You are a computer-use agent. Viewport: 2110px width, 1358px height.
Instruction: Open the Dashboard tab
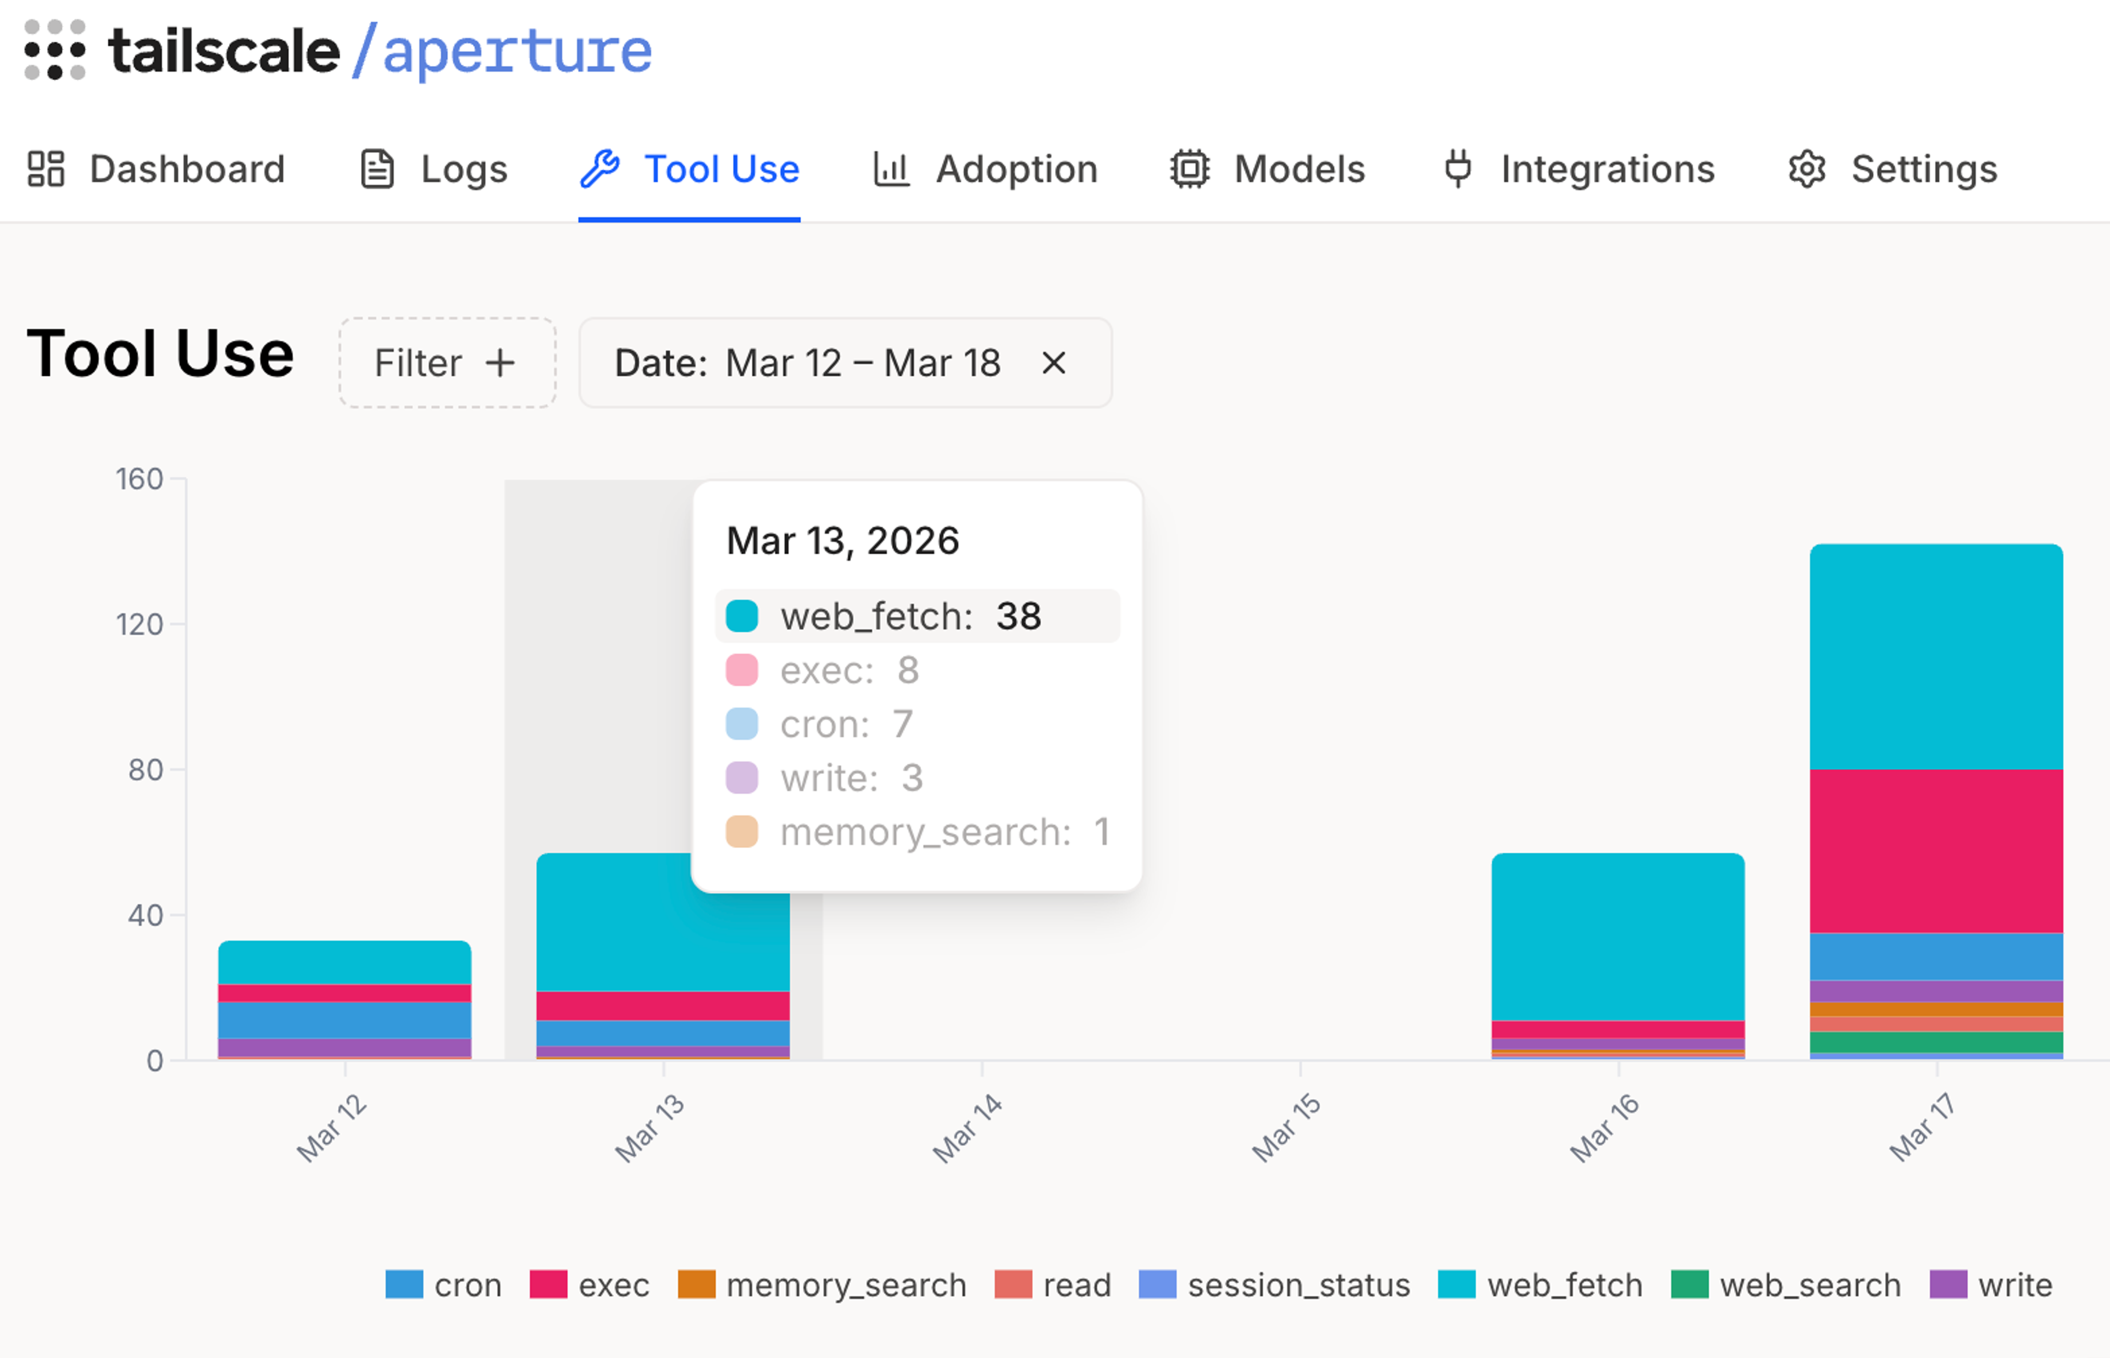157,169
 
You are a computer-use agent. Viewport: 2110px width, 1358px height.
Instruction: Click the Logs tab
435,169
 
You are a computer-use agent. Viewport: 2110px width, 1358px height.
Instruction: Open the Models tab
1268,169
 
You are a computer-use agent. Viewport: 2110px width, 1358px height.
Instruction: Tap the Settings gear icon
1807,169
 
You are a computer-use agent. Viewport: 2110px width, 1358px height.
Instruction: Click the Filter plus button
447,363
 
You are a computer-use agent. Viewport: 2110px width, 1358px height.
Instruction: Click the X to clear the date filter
1054,363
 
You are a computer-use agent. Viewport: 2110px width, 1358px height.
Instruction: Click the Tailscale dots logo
54,50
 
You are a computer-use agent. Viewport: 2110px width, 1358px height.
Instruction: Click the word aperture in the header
518,50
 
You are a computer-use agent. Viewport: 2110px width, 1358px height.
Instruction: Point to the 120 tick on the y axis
140,624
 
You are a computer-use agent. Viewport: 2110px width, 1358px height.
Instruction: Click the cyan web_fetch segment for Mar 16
1618,937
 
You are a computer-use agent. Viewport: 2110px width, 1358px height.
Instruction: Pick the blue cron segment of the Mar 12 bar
345,1020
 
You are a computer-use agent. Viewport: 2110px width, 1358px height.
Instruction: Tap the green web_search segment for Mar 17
1936,1042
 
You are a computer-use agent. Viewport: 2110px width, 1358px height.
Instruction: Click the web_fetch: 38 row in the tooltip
917,615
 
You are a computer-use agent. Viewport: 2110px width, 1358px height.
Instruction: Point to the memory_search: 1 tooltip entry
917,832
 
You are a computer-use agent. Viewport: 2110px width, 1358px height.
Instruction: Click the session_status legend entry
1274,1285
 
